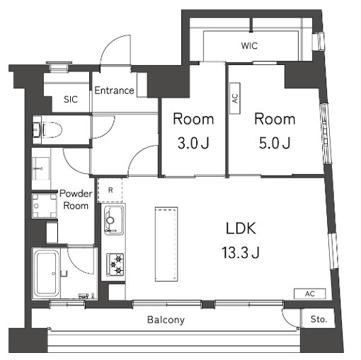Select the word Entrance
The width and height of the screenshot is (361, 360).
(x=114, y=91)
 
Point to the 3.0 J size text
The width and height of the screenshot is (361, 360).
(x=193, y=143)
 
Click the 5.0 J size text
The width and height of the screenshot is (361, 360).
(x=275, y=143)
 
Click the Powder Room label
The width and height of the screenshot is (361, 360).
(x=74, y=199)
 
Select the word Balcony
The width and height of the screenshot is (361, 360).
(x=166, y=320)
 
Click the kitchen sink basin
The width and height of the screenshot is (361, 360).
(x=113, y=220)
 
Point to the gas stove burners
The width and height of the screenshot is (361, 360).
(x=114, y=265)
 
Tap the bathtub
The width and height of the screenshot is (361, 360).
(x=48, y=274)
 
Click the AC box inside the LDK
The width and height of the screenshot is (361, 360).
(x=309, y=294)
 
